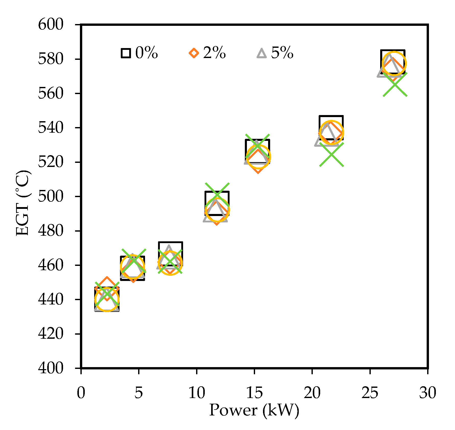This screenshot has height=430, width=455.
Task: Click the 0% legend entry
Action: (x=139, y=53)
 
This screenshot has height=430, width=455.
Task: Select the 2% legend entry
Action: (x=207, y=53)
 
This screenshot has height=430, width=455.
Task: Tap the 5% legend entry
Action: (x=275, y=53)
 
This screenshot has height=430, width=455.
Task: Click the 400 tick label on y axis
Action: (x=51, y=368)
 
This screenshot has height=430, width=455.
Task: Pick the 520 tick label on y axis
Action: (x=51, y=162)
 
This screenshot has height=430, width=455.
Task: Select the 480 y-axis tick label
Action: (x=51, y=231)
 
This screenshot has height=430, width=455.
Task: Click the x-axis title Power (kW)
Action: (x=254, y=410)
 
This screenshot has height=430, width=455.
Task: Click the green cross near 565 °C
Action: (x=395, y=85)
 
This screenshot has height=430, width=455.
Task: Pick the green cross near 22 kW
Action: (x=331, y=155)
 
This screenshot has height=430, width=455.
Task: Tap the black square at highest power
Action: (x=393, y=62)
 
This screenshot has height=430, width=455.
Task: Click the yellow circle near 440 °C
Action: (x=107, y=299)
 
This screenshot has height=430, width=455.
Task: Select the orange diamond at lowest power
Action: (x=107, y=289)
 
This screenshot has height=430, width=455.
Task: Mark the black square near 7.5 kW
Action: (x=171, y=254)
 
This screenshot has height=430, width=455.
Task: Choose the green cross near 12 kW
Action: (x=217, y=195)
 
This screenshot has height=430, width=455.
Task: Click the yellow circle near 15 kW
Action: (x=258, y=157)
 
